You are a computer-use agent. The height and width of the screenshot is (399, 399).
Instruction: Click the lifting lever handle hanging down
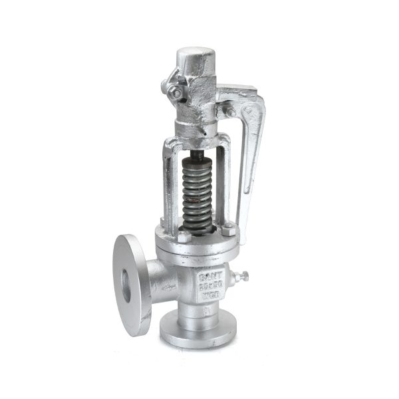click(x=251, y=160)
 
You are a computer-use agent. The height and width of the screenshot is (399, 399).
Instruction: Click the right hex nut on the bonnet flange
click(x=228, y=231)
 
